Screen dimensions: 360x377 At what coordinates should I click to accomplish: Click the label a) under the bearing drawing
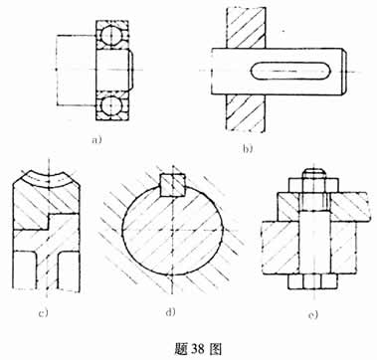(x=96, y=139)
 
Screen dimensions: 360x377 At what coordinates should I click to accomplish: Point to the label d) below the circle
(x=170, y=314)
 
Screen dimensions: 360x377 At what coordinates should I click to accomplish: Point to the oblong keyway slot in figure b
(x=287, y=71)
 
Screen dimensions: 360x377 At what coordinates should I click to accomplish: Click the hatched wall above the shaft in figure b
(x=243, y=24)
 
